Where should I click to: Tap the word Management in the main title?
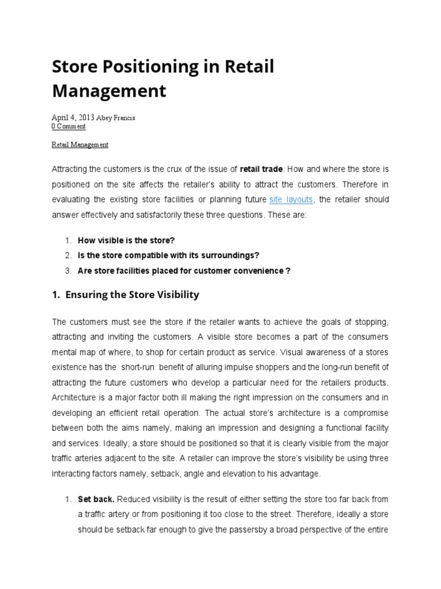pyautogui.click(x=109, y=91)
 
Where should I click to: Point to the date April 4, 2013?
pyautogui.click(x=73, y=117)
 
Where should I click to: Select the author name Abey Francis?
pyautogui.click(x=115, y=117)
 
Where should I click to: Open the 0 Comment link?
pyautogui.click(x=68, y=126)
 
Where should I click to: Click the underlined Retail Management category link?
pyautogui.click(x=80, y=145)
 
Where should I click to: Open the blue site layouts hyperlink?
pyautogui.click(x=292, y=200)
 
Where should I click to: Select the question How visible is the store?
pyautogui.click(x=126, y=240)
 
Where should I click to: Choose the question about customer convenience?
pyautogui.click(x=184, y=270)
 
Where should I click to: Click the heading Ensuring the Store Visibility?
pyautogui.click(x=132, y=294)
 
